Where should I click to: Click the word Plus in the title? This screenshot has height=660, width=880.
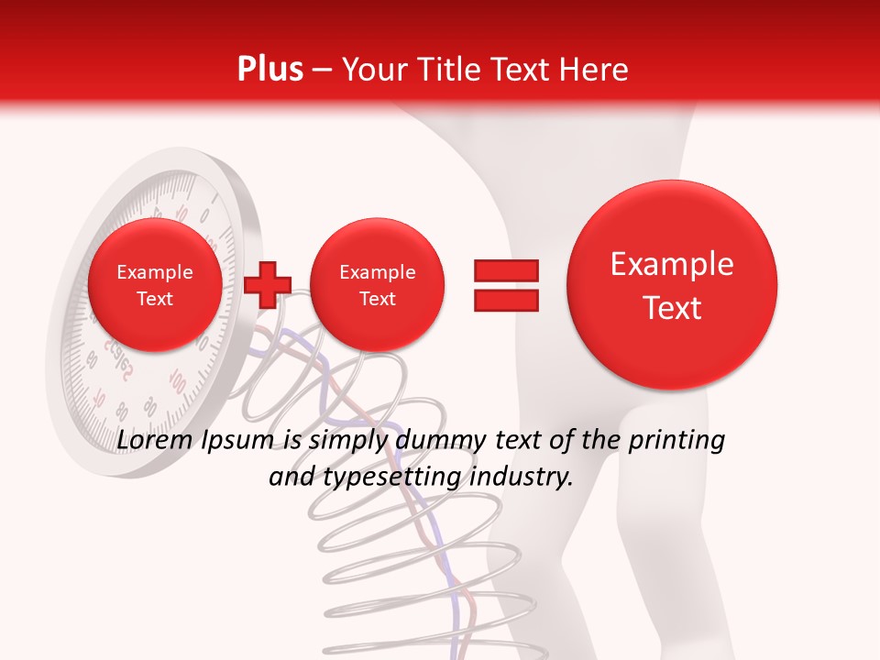click(269, 70)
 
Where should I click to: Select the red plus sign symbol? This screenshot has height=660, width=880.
click(268, 284)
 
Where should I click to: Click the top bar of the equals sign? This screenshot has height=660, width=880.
click(505, 270)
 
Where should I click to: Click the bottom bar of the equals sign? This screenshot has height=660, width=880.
click(505, 300)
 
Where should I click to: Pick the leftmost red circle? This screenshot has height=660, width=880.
click(154, 285)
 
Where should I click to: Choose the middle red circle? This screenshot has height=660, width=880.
click(377, 285)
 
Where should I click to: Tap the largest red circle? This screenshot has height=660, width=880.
click(672, 285)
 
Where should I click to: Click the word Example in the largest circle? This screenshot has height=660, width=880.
click(672, 264)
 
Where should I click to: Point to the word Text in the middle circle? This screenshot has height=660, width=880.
click(377, 299)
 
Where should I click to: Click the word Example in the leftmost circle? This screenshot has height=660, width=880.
click(154, 272)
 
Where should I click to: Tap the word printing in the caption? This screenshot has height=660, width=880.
click(676, 441)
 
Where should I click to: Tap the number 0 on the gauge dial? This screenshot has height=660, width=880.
click(203, 216)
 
